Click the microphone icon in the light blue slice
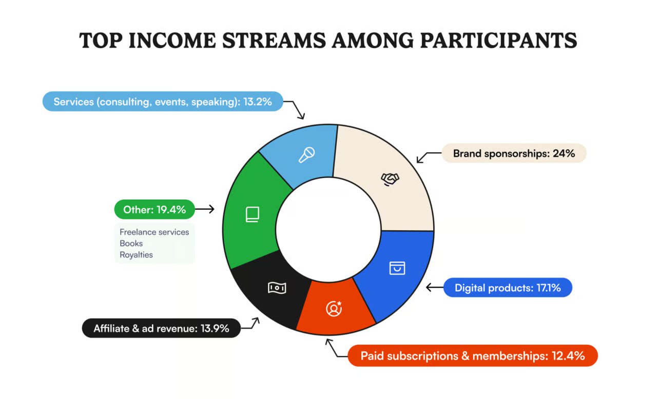[x=306, y=154]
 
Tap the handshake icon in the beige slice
[x=390, y=178]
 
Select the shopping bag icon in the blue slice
[x=397, y=268]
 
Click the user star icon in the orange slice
[x=334, y=308]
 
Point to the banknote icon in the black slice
[x=277, y=288]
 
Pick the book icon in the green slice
[x=252, y=214]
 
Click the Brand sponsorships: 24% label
[x=514, y=153]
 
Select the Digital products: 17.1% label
[x=507, y=288]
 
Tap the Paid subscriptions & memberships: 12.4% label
[x=472, y=355]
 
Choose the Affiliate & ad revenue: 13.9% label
[x=161, y=328]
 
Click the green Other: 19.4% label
[x=154, y=209]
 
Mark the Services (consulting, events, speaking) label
[x=163, y=102]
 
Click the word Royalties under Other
[x=136, y=254]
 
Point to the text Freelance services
[x=154, y=232]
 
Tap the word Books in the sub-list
[x=131, y=243]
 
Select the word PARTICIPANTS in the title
[x=498, y=41]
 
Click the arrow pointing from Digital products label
[x=434, y=288]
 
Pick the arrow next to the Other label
[x=205, y=209]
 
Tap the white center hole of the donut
[x=328, y=228]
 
